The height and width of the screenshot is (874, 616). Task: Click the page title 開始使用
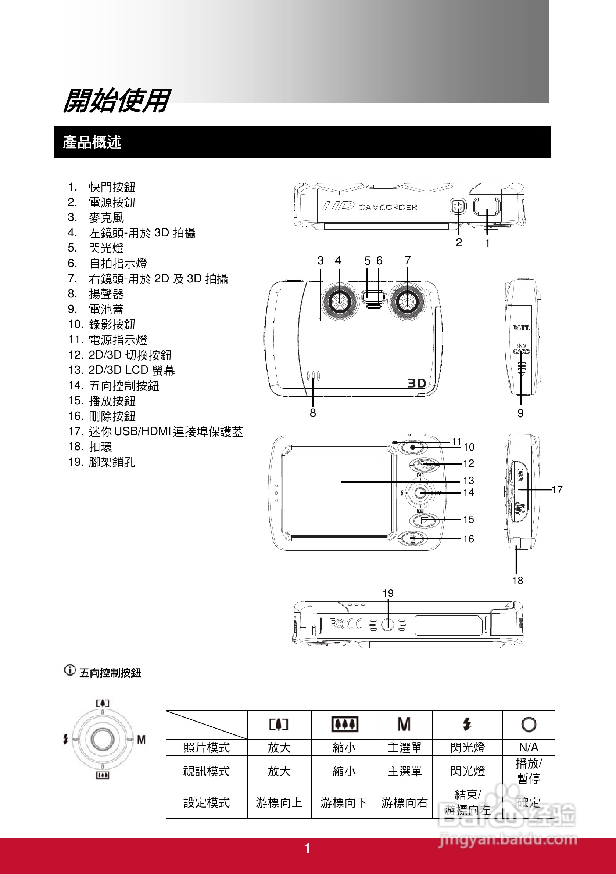[116, 101]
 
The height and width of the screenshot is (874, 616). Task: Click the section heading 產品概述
[92, 142]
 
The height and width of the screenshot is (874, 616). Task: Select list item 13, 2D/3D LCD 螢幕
[131, 370]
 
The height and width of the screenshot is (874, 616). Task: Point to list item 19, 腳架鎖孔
[111, 462]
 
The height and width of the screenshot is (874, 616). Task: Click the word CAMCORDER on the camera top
[388, 207]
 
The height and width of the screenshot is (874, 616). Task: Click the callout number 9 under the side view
[520, 413]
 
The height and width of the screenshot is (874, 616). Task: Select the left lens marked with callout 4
[339, 301]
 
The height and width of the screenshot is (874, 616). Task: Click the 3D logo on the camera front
[416, 383]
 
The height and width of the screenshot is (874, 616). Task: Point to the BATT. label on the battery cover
[521, 328]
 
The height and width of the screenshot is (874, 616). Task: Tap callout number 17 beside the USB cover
[557, 490]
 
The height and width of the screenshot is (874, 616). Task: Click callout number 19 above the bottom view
[388, 593]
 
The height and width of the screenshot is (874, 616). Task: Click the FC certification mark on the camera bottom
[337, 624]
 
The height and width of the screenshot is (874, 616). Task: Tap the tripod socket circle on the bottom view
[388, 624]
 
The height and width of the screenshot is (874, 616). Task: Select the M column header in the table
[404, 725]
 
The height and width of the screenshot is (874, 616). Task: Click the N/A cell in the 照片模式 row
[529, 747]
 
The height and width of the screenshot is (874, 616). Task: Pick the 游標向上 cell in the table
[279, 802]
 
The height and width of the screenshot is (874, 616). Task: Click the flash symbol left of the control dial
[65, 739]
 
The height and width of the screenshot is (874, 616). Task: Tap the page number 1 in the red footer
[307, 849]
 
